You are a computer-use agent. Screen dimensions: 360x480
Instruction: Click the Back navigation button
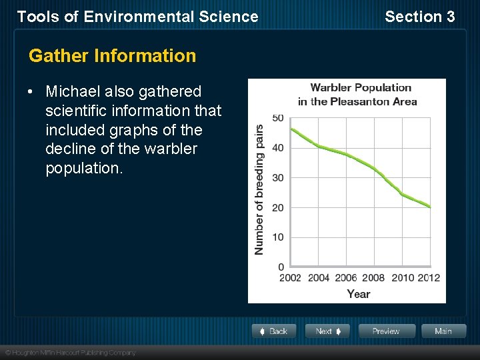point(274,331)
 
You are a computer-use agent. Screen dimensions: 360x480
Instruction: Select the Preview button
point(386,331)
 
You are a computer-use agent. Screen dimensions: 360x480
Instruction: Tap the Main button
point(443,331)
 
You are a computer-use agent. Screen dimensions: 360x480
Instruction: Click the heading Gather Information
point(112,56)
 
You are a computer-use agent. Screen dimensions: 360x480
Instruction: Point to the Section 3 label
point(419,17)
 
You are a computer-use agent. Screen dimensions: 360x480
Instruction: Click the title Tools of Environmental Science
point(137,17)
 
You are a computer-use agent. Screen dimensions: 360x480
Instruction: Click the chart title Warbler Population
point(361,88)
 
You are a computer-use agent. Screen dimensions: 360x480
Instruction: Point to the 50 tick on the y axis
point(277,118)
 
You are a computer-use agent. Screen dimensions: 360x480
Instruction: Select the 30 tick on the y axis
point(277,178)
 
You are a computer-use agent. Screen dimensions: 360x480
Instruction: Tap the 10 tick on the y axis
point(277,237)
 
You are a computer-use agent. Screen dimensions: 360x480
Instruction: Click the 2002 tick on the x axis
point(290,278)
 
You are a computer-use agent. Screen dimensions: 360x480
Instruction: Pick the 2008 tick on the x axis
point(373,278)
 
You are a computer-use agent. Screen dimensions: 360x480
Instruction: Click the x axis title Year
point(359,294)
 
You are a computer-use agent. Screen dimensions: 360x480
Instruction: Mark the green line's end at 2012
point(430,207)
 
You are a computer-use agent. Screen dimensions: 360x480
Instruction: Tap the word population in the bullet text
point(84,169)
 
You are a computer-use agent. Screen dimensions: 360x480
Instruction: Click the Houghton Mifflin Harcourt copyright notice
point(71,352)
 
